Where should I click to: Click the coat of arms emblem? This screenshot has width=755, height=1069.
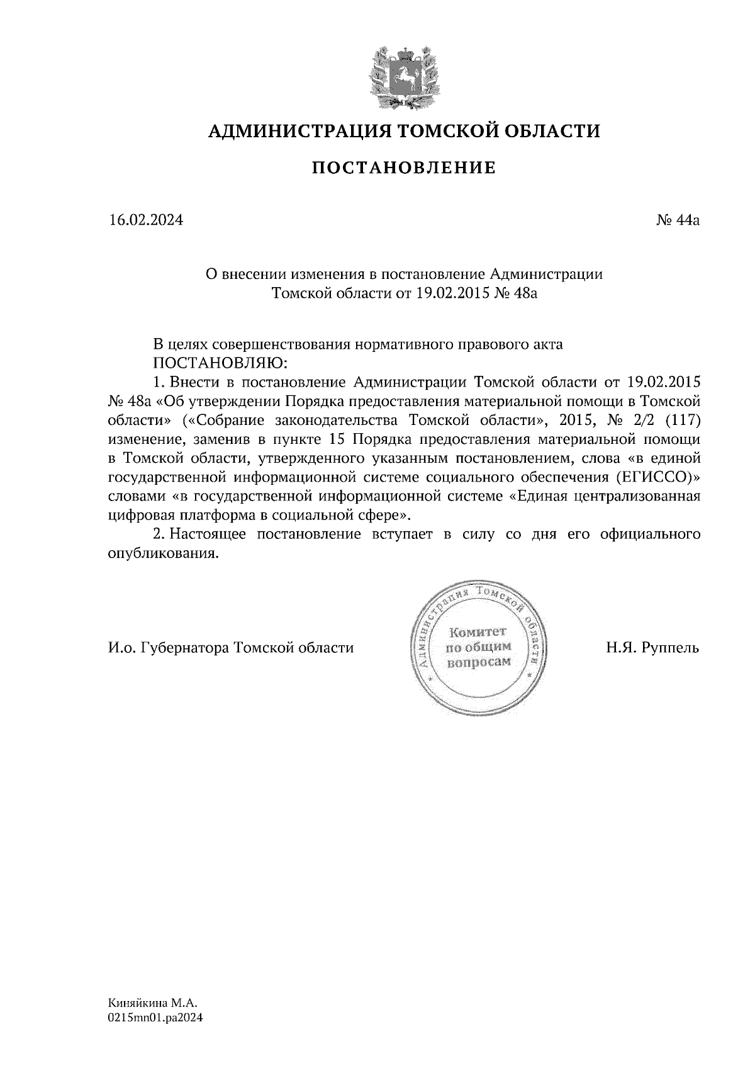point(403,76)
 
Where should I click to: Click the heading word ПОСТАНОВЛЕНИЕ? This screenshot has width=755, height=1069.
point(405,167)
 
